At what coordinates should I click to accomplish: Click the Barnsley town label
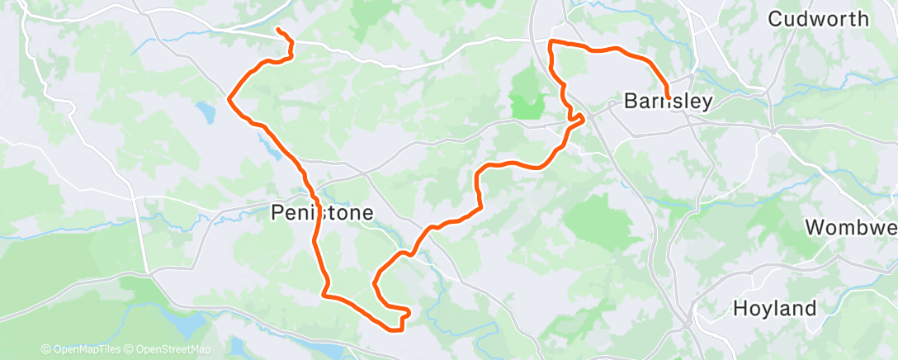pos(668,102)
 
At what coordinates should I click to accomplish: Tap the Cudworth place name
pos(818,18)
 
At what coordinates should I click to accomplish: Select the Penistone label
pos(322,213)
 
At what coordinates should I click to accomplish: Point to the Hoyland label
pos(774,309)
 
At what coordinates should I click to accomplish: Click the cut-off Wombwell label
pos(850,227)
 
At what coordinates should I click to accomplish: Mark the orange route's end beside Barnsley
pos(667,98)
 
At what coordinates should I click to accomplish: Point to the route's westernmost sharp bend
pos(229,97)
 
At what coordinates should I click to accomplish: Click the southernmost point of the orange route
pos(395,331)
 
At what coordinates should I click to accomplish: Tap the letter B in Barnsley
pos(631,102)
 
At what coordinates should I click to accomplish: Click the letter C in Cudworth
pos(777,18)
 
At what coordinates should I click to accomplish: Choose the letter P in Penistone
pos(278,213)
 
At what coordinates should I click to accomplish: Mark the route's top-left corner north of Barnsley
pos(551,41)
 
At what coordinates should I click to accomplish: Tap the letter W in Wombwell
pos(816,227)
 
